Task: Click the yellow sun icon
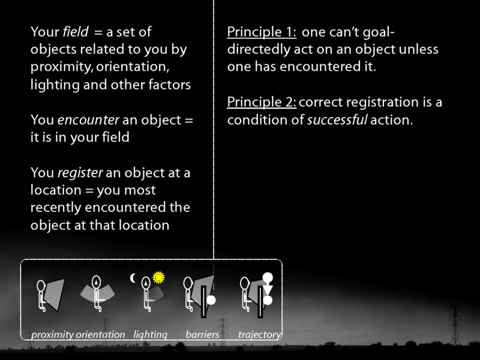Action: [158, 277]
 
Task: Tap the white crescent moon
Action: [133, 278]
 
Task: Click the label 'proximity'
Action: [52, 335]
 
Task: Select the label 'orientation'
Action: [100, 335]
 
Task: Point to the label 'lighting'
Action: [150, 335]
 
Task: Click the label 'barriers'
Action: [202, 335]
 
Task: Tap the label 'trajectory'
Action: [259, 335]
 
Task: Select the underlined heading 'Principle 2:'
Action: [262, 102]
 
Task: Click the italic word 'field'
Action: [73, 31]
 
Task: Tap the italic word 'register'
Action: [80, 173]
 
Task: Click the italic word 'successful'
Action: [337, 120]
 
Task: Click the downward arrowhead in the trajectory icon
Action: [268, 290]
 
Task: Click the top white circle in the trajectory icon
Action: [268, 278]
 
